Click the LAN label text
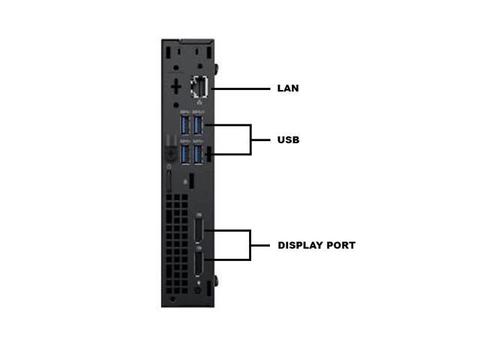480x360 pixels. tap(288, 88)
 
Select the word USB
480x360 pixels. tap(288, 140)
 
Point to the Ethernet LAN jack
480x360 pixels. tap(200, 87)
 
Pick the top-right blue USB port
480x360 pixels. tap(198, 123)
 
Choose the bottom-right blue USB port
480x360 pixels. tap(198, 154)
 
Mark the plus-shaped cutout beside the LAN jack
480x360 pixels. tap(175, 86)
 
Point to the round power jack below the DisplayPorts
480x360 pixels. tap(198, 289)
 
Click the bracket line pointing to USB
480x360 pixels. tap(250, 139)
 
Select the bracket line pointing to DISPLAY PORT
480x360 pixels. tap(250, 245)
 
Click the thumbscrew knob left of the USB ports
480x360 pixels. tap(169, 152)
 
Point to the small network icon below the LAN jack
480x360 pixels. tap(199, 103)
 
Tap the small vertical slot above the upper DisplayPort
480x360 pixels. tap(192, 181)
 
